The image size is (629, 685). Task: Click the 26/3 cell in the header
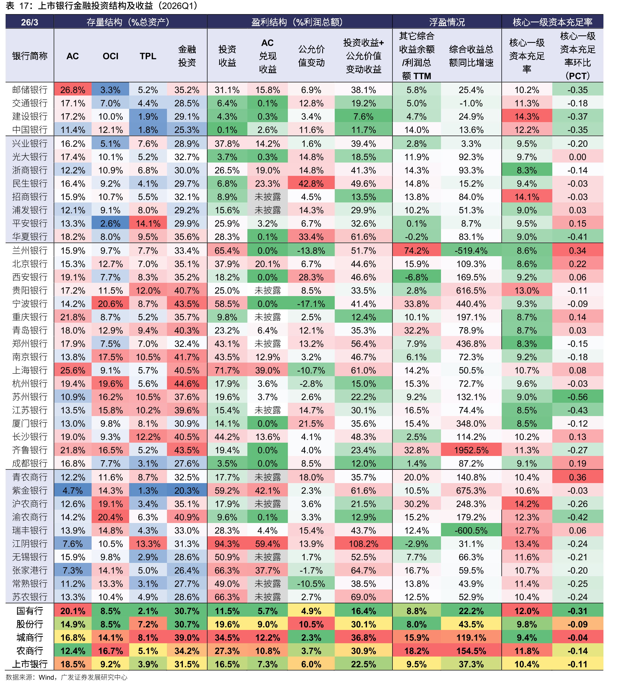click(x=30, y=22)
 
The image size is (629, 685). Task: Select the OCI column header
click(x=111, y=56)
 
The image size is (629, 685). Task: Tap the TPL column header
click(x=148, y=56)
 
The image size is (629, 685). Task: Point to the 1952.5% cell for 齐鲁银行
click(x=471, y=450)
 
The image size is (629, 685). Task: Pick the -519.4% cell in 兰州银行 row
click(x=471, y=251)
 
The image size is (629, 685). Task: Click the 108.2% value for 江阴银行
click(x=363, y=543)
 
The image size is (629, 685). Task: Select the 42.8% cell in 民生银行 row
click(x=311, y=184)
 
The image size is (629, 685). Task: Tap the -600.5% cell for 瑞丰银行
click(x=471, y=530)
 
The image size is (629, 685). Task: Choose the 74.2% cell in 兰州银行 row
click(x=416, y=251)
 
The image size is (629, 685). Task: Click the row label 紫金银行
click(x=30, y=491)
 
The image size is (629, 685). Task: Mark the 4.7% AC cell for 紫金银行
click(x=73, y=491)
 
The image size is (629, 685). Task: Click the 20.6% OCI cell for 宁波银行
click(x=111, y=304)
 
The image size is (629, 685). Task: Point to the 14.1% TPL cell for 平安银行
click(x=148, y=223)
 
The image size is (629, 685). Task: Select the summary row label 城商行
click(x=30, y=637)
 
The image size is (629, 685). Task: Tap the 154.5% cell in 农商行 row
click(x=471, y=651)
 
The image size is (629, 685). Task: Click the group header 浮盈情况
click(x=447, y=22)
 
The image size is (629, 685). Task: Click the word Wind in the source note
click(x=47, y=677)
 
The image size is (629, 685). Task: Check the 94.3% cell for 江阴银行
click(x=227, y=543)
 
